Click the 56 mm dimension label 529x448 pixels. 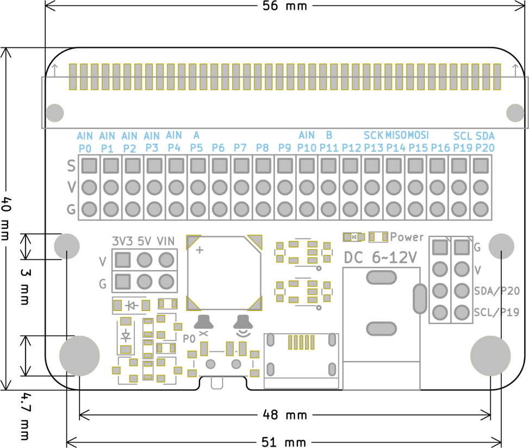pos(285,6)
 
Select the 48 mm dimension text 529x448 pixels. pos(285,415)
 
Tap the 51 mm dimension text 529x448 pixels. pos(284,442)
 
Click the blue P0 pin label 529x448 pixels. pos(85,148)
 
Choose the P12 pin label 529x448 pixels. pos(351,148)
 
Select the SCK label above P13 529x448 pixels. pos(373,135)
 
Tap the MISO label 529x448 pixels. pos(396,135)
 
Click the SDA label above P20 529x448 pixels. pos(485,136)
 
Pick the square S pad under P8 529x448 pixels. pos(263,166)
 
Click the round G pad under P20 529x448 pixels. pos(481,209)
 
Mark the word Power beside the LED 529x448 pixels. pos(407,237)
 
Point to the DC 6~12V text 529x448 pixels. pos(380,258)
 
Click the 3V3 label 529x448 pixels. pos(122,241)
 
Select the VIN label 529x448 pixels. pos(166,241)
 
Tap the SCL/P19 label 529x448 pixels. pos(496,313)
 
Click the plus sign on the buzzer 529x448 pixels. pos(200,250)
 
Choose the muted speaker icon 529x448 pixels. pos(203,325)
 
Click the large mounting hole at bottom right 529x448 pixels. pos(490,356)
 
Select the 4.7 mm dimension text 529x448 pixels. pos(24,416)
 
